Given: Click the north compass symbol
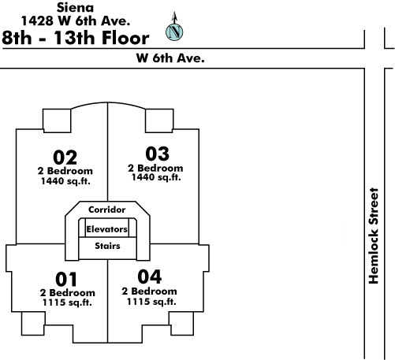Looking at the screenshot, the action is (174, 32).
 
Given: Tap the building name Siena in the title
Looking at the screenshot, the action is (75, 7).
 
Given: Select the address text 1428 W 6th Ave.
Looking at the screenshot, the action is (76, 21).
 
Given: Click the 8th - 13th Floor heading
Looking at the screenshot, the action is (76, 38).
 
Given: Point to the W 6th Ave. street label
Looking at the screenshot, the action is (170, 58).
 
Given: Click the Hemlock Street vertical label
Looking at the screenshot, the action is (374, 236).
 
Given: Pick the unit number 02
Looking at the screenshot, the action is (65, 158).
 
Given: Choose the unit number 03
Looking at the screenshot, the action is (158, 154).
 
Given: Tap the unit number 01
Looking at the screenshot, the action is (66, 279).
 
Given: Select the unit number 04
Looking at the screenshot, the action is (150, 276).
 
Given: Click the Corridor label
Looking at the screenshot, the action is (107, 210).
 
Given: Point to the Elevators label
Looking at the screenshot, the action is (107, 229).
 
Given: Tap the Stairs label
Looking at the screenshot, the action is (107, 246).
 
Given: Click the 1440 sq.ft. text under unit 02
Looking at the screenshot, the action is (65, 181).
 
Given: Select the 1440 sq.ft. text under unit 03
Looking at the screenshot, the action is (156, 177).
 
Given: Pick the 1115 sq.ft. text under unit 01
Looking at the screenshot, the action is (67, 302).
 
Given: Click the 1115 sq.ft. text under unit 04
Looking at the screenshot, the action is (151, 302).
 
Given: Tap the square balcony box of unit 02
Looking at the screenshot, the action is (57, 121).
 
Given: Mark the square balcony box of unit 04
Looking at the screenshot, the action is (181, 324).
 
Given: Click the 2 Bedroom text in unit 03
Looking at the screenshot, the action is (155, 168).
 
